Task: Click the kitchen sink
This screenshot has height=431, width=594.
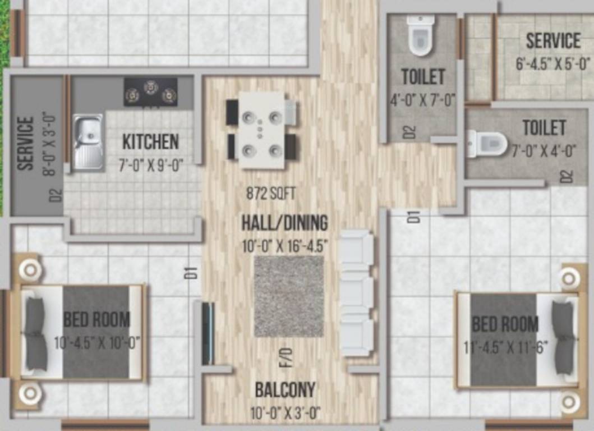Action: tap(88, 141)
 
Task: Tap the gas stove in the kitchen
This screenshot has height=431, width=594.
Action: tap(150, 92)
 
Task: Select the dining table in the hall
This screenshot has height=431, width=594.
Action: tap(262, 130)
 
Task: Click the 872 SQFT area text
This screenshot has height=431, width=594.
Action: tap(271, 194)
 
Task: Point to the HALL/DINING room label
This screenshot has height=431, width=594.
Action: tap(284, 223)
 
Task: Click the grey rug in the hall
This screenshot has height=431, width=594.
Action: tap(289, 296)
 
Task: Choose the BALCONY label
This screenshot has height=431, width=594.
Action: tap(285, 389)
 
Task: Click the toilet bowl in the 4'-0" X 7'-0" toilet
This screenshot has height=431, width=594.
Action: tap(421, 36)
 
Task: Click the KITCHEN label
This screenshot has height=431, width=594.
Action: tap(150, 142)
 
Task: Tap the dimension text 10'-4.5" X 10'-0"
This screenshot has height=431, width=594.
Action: tap(97, 342)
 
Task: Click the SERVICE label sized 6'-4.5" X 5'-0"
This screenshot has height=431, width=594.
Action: tap(552, 41)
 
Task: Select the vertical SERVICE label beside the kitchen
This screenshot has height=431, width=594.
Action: tap(26, 143)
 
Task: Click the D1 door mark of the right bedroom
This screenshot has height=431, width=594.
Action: tap(414, 217)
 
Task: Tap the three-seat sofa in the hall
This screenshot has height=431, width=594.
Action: tap(357, 293)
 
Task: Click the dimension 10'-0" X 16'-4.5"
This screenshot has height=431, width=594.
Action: tap(284, 246)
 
